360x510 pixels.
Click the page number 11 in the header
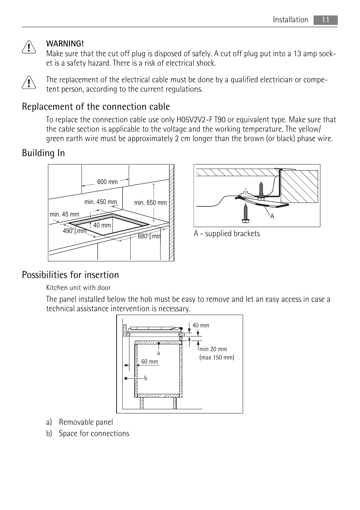325,20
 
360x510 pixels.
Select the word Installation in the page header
291,20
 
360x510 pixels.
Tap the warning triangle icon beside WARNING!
29,48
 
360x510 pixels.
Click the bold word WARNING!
65,44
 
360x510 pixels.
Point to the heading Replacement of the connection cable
96,107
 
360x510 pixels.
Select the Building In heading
43,153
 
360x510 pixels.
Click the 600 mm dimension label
107,182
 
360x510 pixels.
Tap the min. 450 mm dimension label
100,202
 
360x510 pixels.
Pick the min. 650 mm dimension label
150,203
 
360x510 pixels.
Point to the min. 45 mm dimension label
65,214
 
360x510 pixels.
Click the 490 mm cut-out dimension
74,231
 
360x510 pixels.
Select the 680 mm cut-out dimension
149,236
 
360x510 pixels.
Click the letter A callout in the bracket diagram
272,217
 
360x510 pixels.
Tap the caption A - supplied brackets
226,233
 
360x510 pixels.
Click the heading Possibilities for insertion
70,275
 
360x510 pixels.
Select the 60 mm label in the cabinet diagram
149,361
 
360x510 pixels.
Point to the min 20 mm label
213,349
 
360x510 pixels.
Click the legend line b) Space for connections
88,433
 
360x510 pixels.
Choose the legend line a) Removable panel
80,422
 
